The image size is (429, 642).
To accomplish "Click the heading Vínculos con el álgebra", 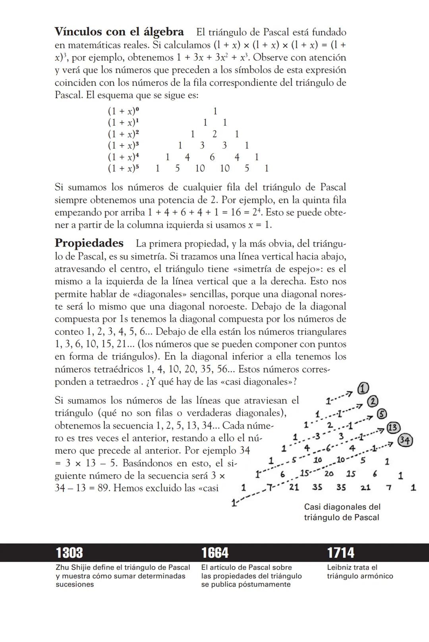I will pos(119,32).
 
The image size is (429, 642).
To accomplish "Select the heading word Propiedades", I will pos(89,243).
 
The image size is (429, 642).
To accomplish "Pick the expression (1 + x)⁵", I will pos(124,169).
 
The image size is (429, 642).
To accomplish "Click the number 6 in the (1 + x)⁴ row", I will pos(212,157).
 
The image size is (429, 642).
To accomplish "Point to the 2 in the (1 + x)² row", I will pos(214,134).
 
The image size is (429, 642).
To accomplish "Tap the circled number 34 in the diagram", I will pos(405,440).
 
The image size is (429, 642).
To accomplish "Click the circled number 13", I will pos(393,428).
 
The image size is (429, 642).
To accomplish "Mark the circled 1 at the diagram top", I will pos(363,388).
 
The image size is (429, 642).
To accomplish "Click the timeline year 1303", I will pos(70,553).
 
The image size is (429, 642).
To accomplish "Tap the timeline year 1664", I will pos(215,553).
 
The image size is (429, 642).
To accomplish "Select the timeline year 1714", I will pos(341,553).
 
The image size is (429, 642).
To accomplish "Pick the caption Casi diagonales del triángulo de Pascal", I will pos(342,512).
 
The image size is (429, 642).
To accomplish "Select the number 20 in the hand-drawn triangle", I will pos(329,473).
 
